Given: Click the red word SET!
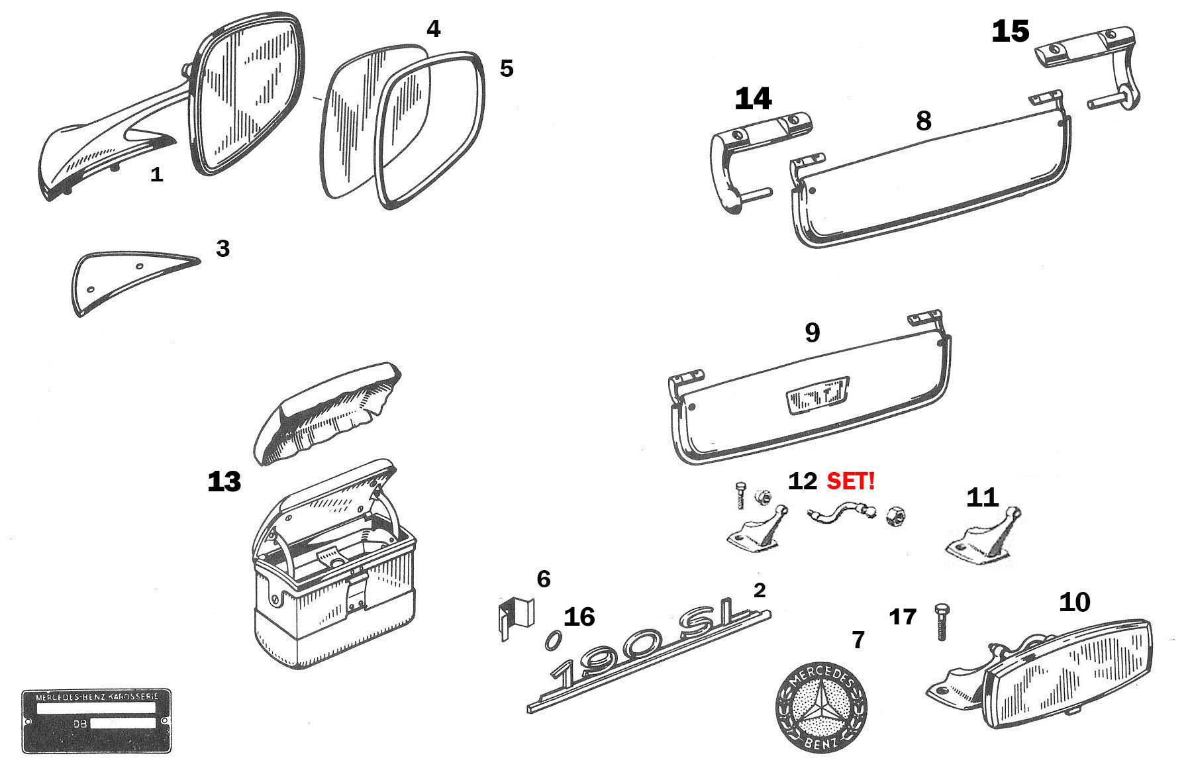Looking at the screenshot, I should coord(851,481).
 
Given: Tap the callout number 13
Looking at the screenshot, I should coord(224,482).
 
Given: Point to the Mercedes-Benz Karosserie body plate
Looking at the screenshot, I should coord(96,721).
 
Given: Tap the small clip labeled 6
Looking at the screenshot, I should coord(514,619).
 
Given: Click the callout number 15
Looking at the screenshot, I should coord(1010,32).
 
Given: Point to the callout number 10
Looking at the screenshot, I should coord(1075,602).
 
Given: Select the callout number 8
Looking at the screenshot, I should coord(923,121).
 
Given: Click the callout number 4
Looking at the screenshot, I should coord(433,29).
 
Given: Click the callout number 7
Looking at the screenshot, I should coord(858,640).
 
